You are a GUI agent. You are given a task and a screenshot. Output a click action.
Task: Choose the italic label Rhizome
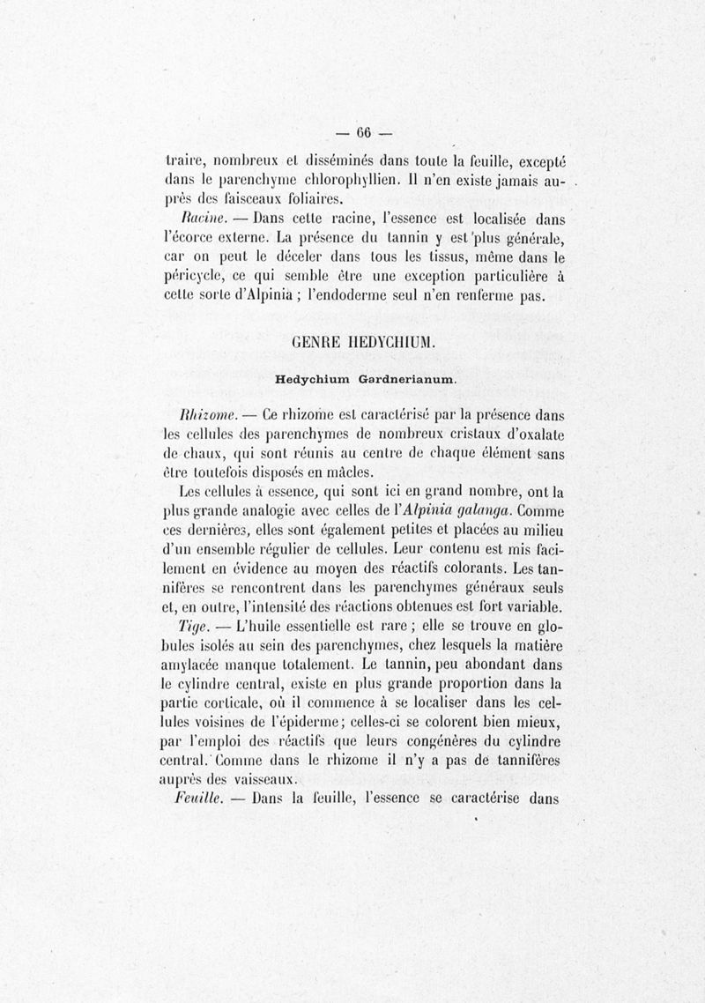pos(204,414)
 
